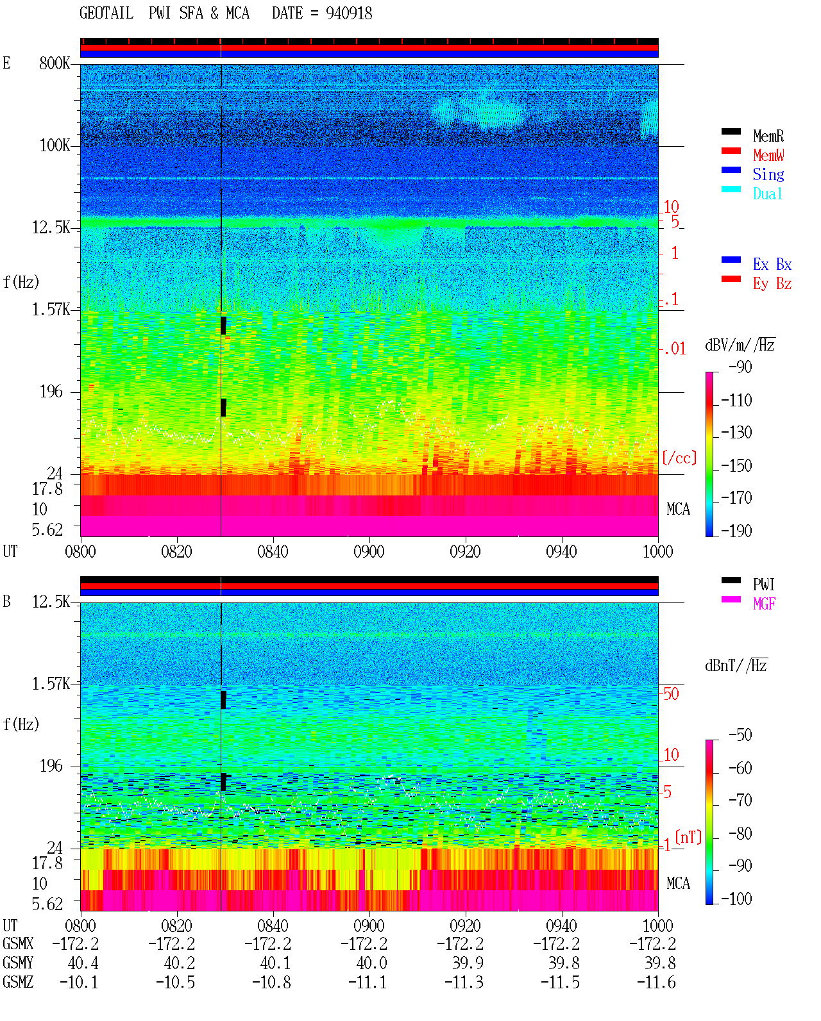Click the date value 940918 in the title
pos(348,13)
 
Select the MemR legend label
pos(768,136)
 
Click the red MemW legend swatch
pos(731,151)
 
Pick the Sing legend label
pos(768,174)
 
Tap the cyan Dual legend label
pos(767,194)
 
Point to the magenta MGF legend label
pos(764,604)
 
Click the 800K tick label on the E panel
pos(55,63)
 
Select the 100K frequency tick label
pos(55,145)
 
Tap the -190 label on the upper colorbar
pos(736,531)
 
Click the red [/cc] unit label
pos(679,458)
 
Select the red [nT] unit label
pos(688,837)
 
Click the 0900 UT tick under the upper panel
pos(369,552)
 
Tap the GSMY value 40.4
pos(83,963)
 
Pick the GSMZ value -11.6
pos(656,982)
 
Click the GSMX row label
pos(18,943)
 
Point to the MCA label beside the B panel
pos(678,883)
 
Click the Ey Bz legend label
pos(772,284)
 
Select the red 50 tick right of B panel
pos(671,693)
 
